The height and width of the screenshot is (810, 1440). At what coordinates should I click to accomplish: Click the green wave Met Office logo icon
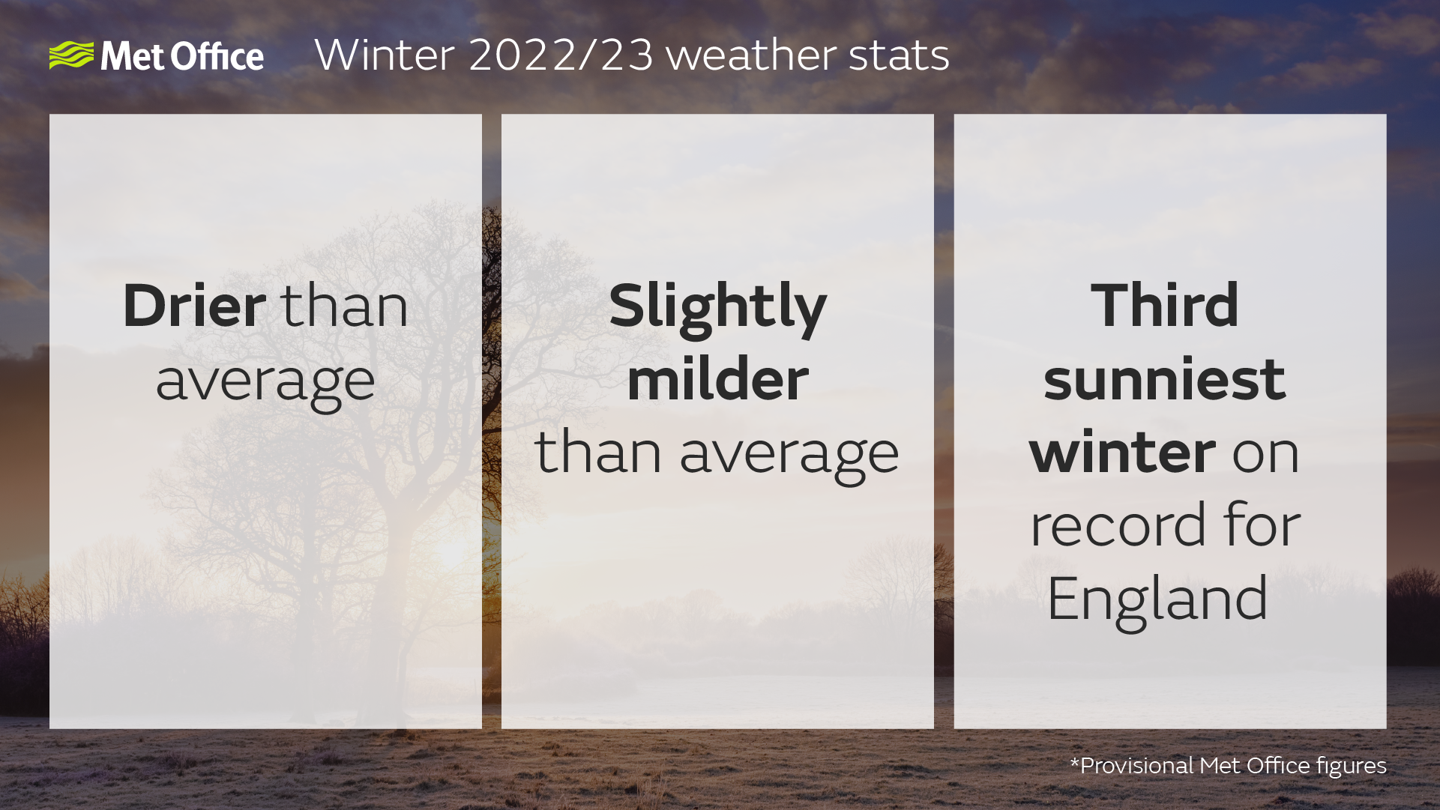pyautogui.click(x=71, y=55)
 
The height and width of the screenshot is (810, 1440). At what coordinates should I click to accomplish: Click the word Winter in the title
pyautogui.click(x=384, y=55)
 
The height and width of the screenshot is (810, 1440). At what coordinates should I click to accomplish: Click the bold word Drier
pyautogui.click(x=194, y=306)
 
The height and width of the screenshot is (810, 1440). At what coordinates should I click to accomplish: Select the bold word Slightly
pyautogui.click(x=717, y=307)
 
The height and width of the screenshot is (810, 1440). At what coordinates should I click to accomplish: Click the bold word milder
pyautogui.click(x=717, y=379)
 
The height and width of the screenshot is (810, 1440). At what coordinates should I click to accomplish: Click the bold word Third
pyautogui.click(x=1164, y=306)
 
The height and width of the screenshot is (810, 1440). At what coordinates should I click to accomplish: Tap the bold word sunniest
pyautogui.click(x=1164, y=379)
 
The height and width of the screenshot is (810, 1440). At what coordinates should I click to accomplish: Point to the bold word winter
pyautogui.click(x=1122, y=453)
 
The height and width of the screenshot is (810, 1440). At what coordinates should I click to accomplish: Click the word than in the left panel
pyautogui.click(x=345, y=306)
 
